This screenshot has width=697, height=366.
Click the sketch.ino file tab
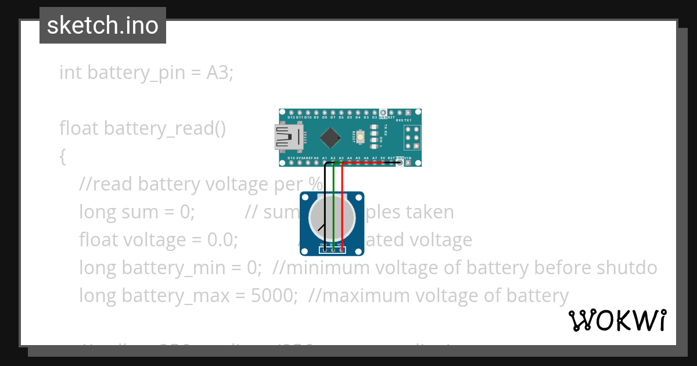(102, 26)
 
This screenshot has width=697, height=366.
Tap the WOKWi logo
(617, 320)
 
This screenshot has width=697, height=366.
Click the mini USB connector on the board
(288, 138)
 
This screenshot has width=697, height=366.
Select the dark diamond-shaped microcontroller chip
(330, 137)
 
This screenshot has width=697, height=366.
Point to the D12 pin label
(292, 117)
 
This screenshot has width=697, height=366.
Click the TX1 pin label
(416, 120)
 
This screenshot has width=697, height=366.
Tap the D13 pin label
(292, 158)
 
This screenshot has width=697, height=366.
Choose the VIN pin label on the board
(408, 158)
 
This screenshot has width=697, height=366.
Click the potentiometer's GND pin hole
(325, 250)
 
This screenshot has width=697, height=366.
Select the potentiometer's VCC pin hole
(342, 250)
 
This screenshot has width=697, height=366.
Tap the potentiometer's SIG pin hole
(333, 250)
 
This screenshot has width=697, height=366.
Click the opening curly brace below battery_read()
(63, 156)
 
